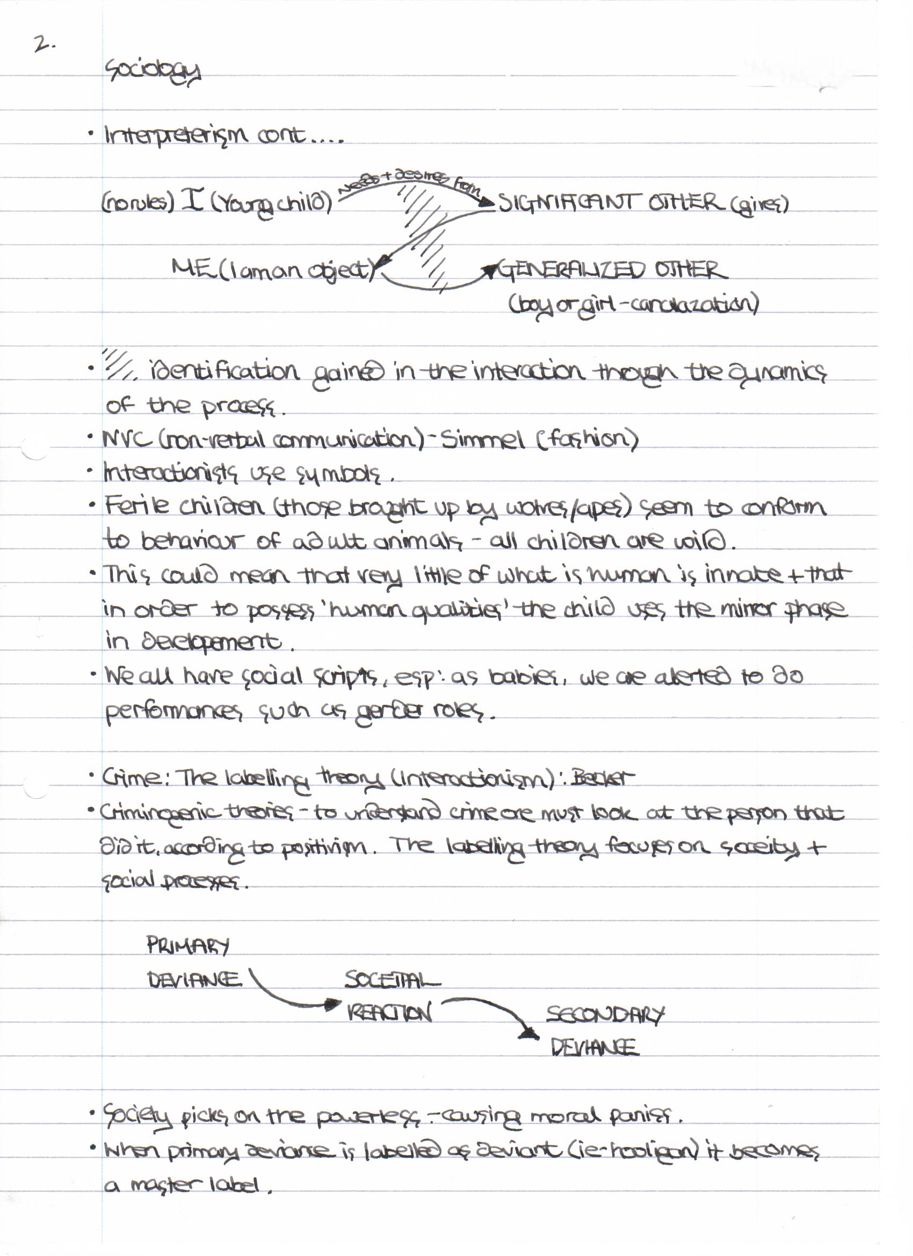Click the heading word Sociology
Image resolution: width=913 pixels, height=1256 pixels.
(x=153, y=72)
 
